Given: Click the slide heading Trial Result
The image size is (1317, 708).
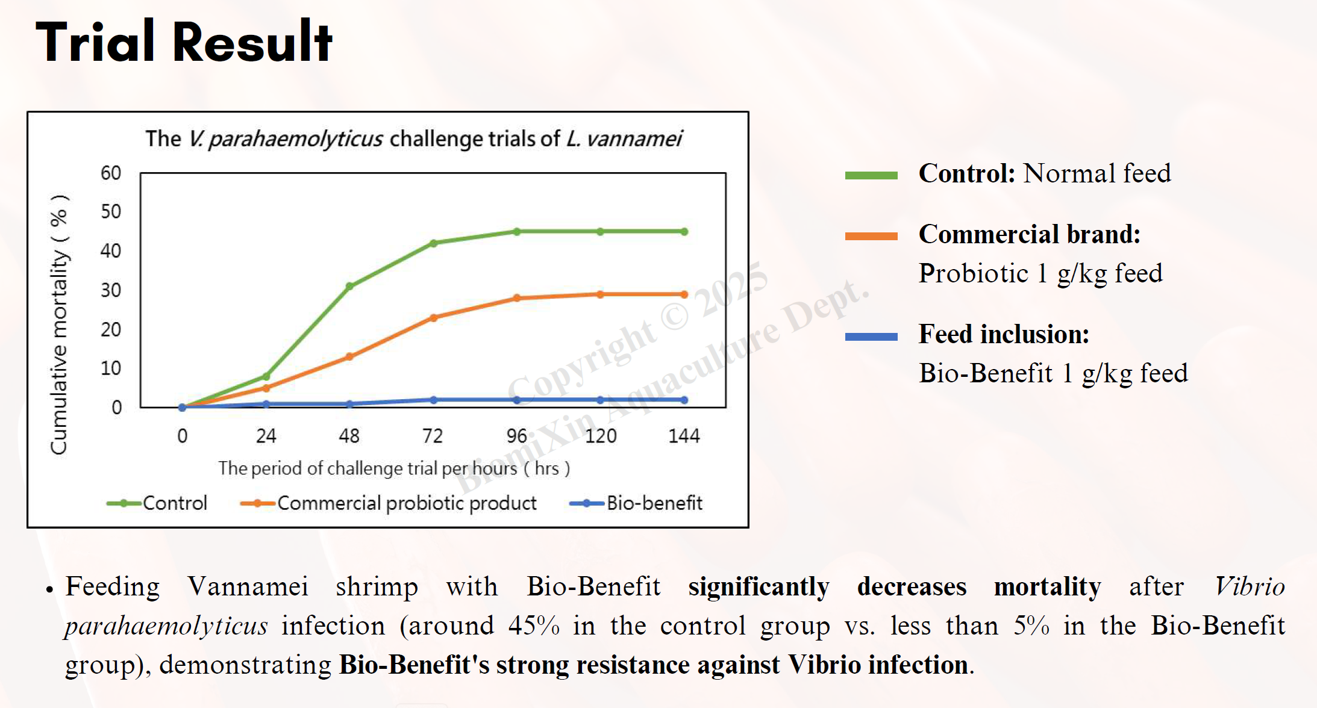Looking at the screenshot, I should (184, 42).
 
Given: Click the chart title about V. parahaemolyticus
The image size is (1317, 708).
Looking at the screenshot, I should (413, 139).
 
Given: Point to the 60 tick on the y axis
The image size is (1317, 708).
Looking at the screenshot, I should (111, 173).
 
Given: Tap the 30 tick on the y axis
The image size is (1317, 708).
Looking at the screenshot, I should (111, 290).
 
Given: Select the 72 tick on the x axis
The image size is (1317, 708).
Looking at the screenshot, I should (433, 436).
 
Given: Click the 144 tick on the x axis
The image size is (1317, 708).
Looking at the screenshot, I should (684, 436).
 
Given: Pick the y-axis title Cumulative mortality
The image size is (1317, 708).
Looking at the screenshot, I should (59, 325).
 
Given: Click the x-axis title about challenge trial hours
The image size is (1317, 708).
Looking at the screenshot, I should (394, 468).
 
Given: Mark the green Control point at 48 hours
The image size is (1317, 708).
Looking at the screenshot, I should (349, 286).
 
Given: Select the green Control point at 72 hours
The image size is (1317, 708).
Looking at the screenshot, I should (434, 243).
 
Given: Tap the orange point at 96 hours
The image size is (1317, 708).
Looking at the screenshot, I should (517, 298).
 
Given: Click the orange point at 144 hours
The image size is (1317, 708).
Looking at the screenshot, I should (684, 294).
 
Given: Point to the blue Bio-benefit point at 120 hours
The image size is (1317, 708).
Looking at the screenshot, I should (600, 400).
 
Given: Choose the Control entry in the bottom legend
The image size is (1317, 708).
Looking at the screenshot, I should (157, 503).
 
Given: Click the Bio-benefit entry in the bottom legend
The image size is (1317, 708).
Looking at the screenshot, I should (636, 503).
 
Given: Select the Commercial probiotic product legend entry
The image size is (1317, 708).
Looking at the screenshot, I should (389, 503).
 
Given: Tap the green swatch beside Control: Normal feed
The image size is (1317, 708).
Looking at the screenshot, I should (871, 175).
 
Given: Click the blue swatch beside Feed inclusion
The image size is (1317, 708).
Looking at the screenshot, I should (871, 337).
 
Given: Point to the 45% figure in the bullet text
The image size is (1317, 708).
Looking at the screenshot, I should (534, 626).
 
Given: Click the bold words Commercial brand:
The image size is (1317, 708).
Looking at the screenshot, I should (1029, 234).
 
